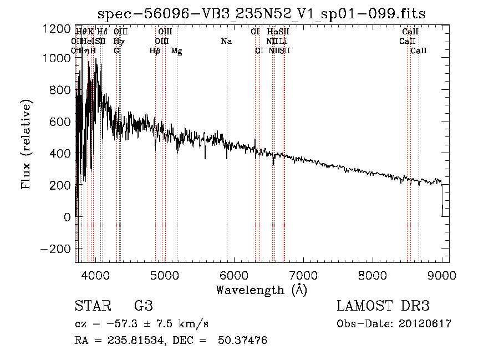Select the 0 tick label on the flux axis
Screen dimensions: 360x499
[67, 217]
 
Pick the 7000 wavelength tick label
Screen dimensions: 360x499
[303, 275]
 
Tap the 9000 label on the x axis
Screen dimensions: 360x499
[441, 275]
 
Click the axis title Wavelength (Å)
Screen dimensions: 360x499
[261, 290]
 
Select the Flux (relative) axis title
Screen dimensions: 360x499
[27, 145]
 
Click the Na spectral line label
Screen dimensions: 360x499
[226, 42]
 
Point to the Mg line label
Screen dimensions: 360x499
[177, 51]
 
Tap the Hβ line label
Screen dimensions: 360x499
[155, 51]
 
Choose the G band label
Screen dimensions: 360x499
[116, 51]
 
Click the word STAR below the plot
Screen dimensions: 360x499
[93, 306]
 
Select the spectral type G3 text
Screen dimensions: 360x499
[144, 306]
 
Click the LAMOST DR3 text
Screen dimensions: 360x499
[383, 306]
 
